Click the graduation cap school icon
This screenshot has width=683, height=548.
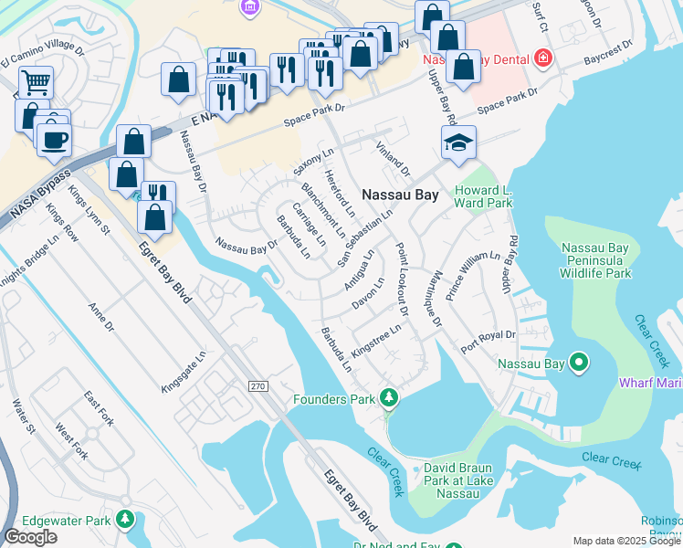click(458, 142)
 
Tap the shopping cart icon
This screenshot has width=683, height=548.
click(36, 82)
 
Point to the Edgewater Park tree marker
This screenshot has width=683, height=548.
click(124, 520)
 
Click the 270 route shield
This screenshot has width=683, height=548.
click(257, 387)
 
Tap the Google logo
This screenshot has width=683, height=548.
click(30, 537)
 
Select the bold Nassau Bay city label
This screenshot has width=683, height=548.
click(401, 195)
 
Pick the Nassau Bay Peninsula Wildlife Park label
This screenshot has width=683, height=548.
click(596, 260)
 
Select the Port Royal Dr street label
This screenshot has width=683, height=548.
click(489, 341)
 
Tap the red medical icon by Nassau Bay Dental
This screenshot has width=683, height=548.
click(543, 58)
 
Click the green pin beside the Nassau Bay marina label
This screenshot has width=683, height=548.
click(578, 364)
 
